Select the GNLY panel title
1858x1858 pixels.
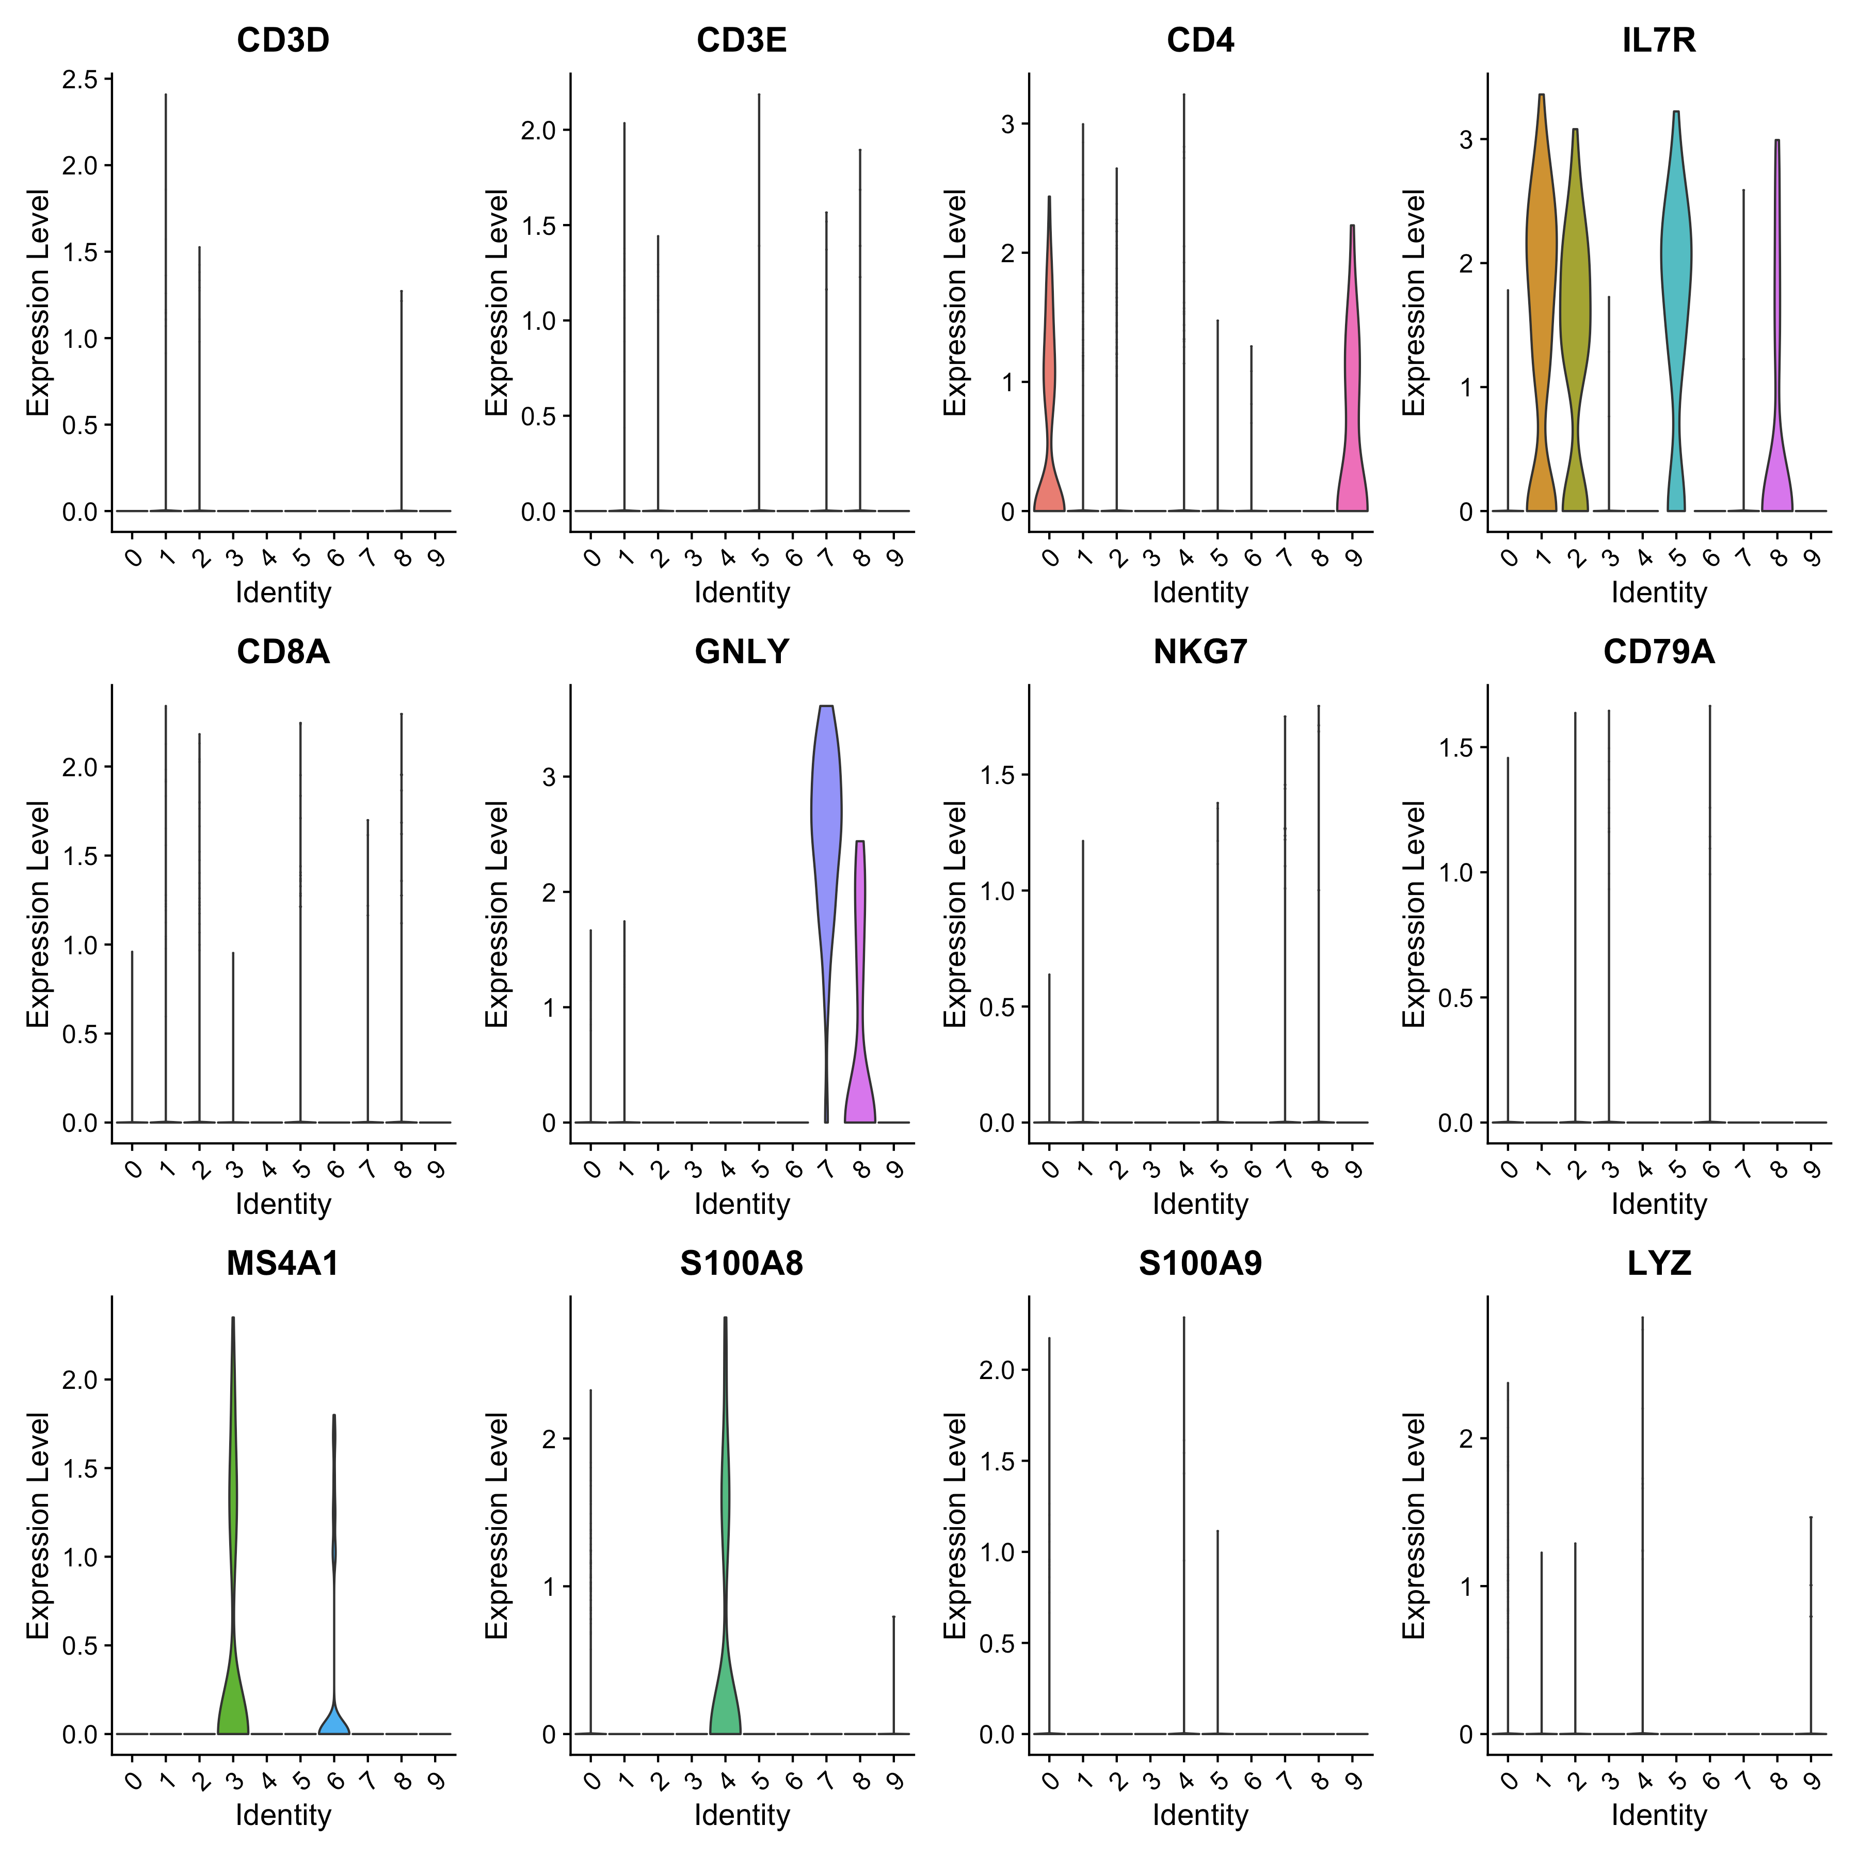click(x=742, y=652)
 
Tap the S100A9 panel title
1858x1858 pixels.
click(x=1200, y=1263)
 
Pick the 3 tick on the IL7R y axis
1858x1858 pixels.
click(x=1466, y=139)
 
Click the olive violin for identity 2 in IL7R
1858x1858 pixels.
click(x=1575, y=289)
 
